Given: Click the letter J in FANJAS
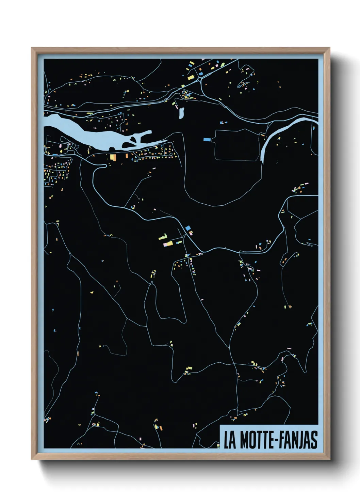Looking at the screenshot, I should pyautogui.click(x=299, y=440).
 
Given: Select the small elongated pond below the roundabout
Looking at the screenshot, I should pyautogui.click(x=181, y=113).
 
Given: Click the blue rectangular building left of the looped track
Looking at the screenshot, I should pyautogui.click(x=207, y=139).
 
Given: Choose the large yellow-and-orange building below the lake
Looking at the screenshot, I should pyautogui.click(x=113, y=157).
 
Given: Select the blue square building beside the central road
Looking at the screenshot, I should pyautogui.click(x=187, y=228).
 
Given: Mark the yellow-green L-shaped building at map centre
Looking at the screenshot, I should pyautogui.click(x=163, y=237).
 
